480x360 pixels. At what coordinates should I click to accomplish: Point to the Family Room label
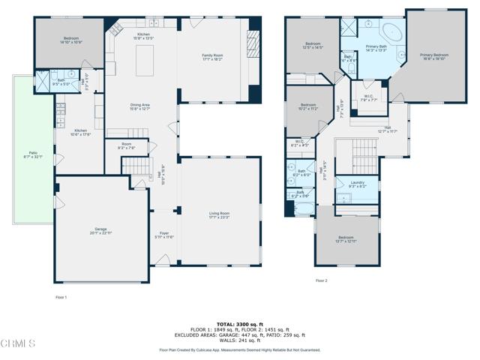click(214, 57)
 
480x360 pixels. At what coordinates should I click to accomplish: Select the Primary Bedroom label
click(435, 56)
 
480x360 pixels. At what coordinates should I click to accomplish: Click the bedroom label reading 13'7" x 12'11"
click(347, 240)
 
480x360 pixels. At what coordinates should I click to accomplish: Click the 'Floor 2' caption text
click(321, 280)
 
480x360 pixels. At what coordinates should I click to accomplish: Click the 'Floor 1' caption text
click(61, 298)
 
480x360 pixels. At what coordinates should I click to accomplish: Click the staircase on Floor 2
click(367, 146)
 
